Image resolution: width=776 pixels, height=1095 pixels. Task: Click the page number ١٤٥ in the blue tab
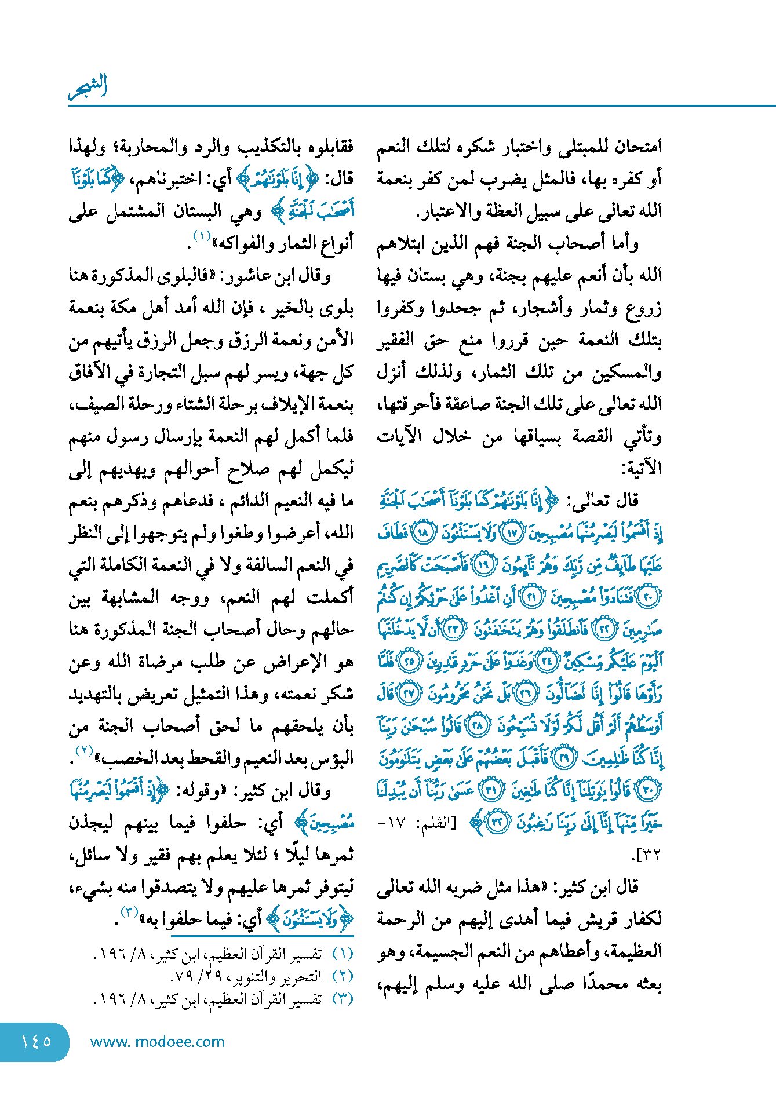click(36, 1041)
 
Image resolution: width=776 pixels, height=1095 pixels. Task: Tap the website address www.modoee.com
click(157, 1042)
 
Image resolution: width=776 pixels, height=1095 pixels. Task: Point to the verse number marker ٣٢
click(496, 823)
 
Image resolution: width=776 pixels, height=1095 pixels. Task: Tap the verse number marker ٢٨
click(478, 727)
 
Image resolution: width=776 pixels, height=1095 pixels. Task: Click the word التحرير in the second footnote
click(306, 976)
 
